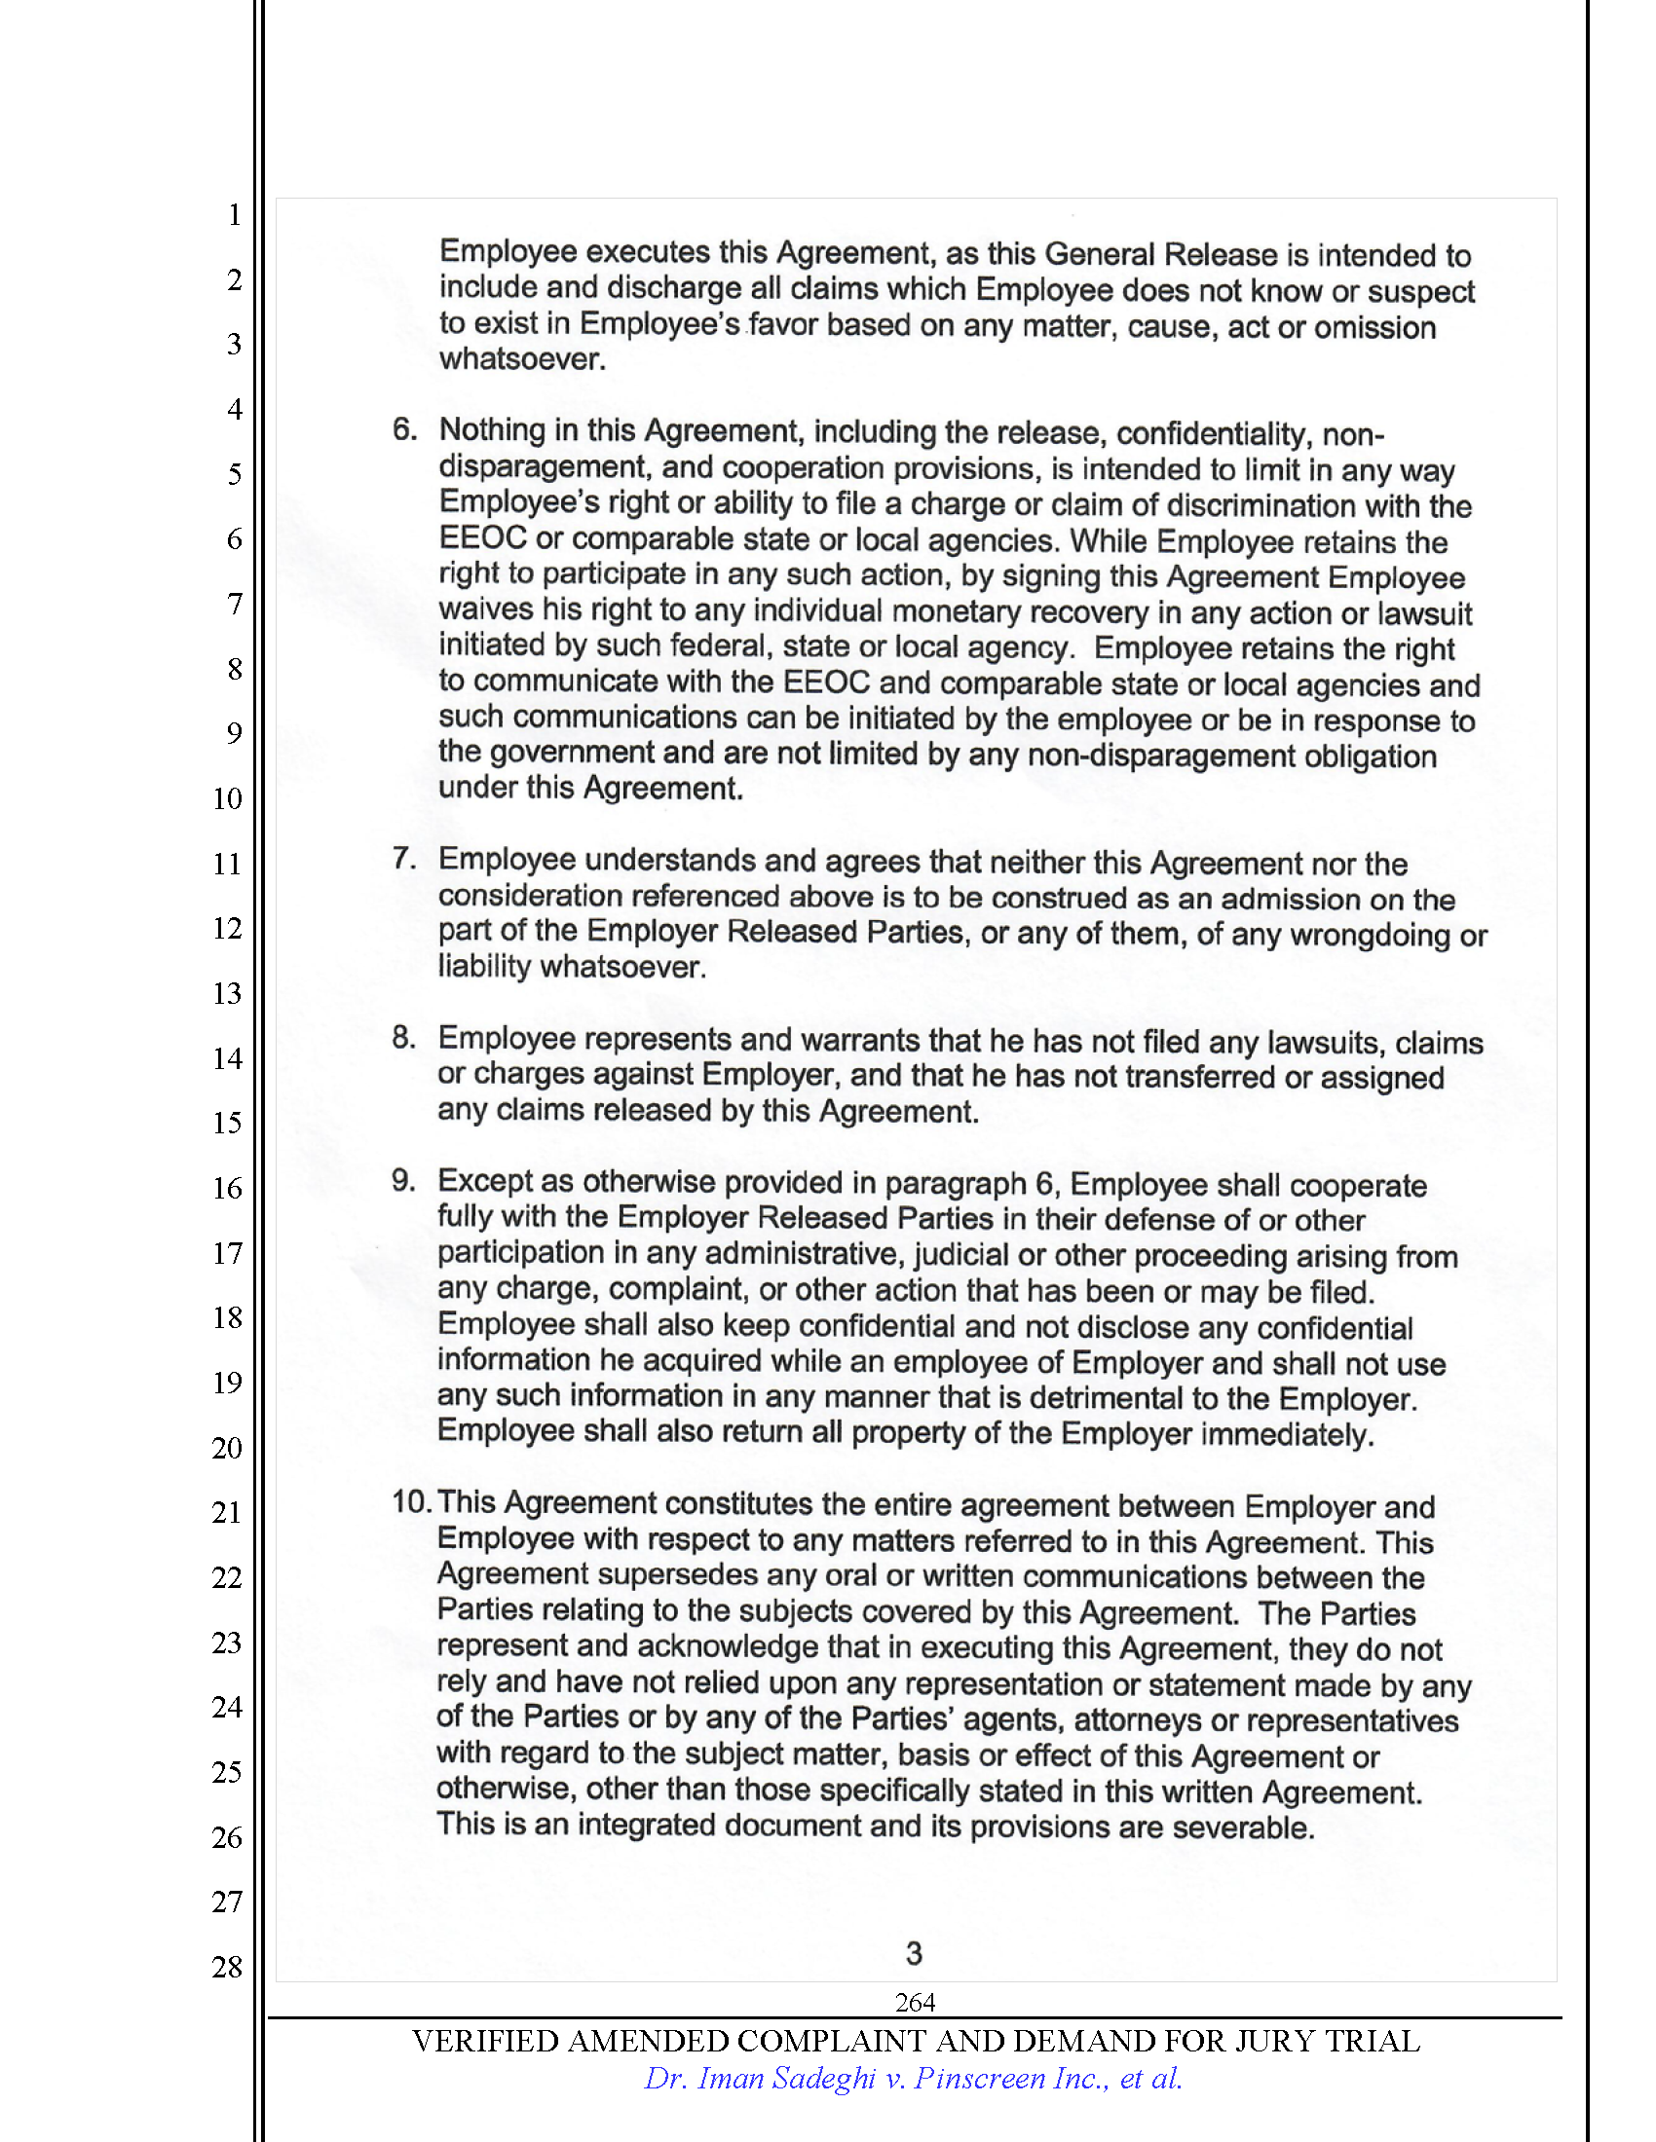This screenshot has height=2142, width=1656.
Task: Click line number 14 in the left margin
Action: pos(227,1058)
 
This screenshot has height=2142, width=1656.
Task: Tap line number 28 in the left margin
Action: pos(227,1967)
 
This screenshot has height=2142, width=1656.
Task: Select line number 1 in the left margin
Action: pos(235,215)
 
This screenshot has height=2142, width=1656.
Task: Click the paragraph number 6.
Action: pos(404,428)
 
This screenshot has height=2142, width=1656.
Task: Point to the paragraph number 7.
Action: pos(404,858)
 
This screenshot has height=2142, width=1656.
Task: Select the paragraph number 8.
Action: pos(403,1037)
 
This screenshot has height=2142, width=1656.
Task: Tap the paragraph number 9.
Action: pos(403,1180)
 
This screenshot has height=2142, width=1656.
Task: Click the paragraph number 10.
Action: pos(410,1501)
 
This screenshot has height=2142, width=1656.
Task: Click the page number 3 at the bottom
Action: pos(914,1954)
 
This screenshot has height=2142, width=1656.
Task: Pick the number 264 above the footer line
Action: pos(915,2002)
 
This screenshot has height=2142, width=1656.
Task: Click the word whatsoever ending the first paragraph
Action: pos(521,360)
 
